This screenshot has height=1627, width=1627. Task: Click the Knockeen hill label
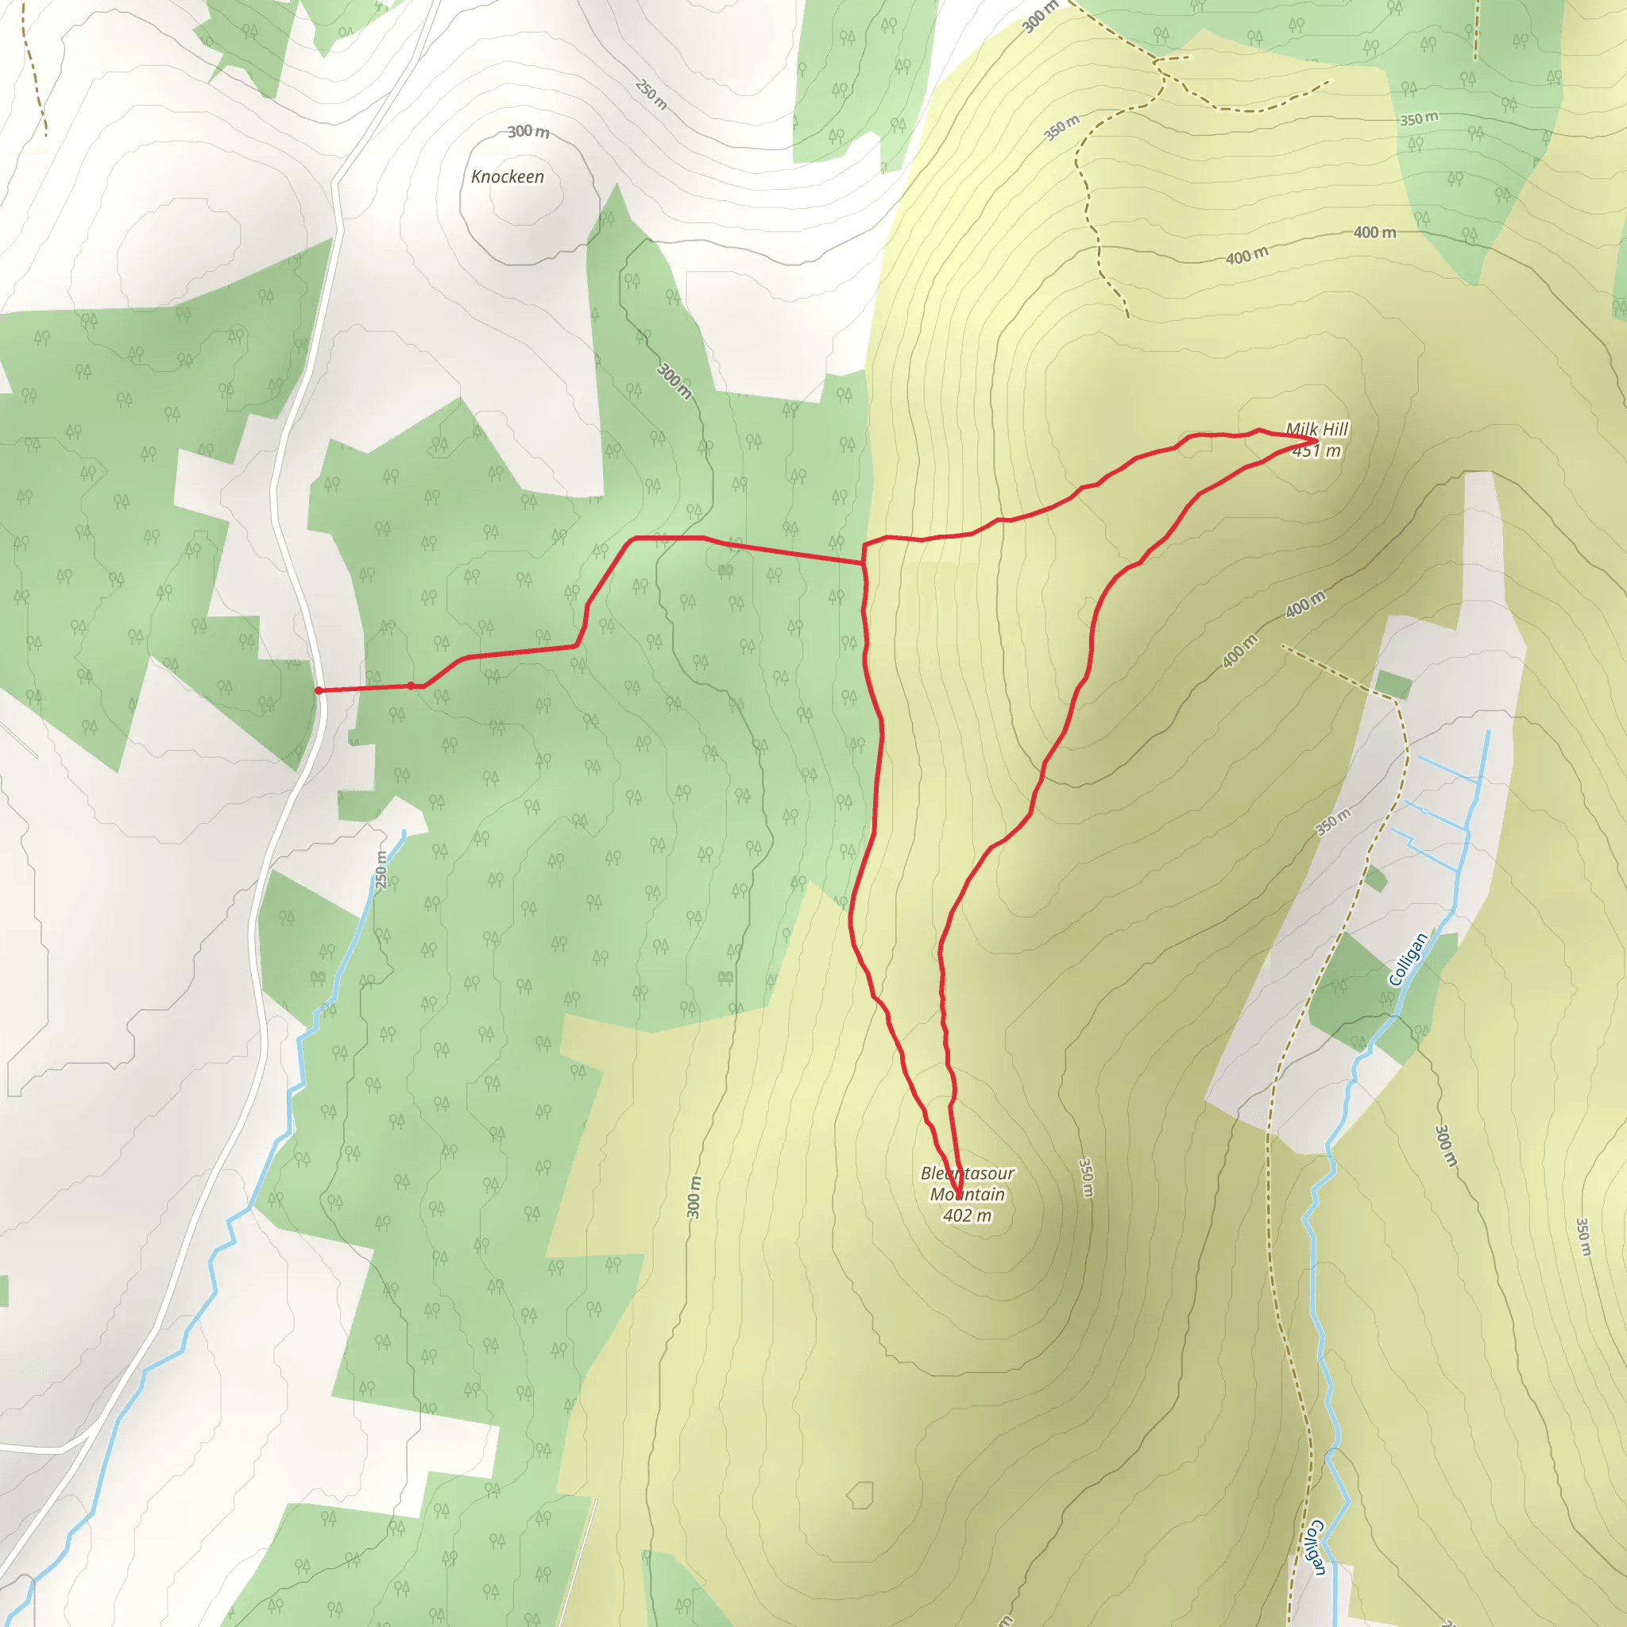tap(507, 177)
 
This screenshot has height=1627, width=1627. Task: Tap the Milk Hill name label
tap(1316, 430)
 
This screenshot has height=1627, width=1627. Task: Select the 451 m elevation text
tap(1316, 451)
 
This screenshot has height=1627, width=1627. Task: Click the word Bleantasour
tap(967, 1173)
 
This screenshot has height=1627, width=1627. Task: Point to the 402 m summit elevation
tap(967, 1215)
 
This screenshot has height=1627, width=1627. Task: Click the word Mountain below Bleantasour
tap(967, 1194)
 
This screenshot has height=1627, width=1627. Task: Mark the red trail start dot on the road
tap(319, 690)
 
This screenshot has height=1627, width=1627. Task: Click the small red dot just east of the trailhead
tap(411, 686)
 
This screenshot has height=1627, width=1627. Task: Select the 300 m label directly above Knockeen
tap(528, 131)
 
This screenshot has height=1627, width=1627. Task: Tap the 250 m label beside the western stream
tap(381, 870)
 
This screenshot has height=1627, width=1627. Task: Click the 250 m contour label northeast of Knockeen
tap(651, 95)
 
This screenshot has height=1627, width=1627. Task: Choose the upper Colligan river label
tap(1408, 959)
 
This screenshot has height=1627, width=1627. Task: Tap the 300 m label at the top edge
tap(1040, 17)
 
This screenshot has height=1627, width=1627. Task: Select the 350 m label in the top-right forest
tap(1419, 118)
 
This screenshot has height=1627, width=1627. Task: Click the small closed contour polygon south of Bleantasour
tap(860, 1496)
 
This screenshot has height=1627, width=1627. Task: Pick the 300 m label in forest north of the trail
tap(674, 381)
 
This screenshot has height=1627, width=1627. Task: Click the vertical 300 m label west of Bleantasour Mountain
tap(694, 1196)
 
